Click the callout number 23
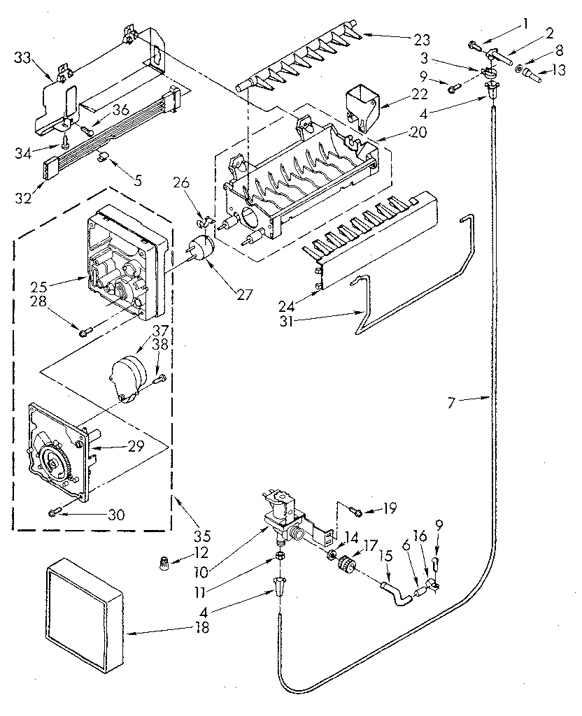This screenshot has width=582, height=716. (421, 38)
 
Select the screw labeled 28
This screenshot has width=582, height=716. (86, 331)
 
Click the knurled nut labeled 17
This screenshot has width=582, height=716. (345, 564)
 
